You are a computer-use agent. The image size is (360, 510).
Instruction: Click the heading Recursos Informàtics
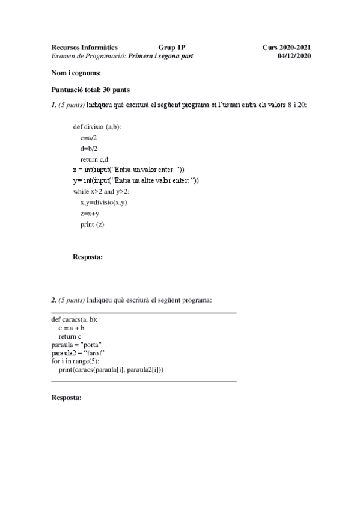coord(85,47)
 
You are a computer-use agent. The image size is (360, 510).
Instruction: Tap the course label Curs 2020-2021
coord(287,47)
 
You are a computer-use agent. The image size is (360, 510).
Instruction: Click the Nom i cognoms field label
coord(76,73)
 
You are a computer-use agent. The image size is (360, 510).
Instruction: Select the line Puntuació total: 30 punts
coord(90,90)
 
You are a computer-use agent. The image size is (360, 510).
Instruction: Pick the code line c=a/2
coord(89,138)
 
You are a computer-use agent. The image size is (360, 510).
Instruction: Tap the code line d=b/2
coord(89,149)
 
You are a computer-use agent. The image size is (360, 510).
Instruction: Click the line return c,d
coord(94,159)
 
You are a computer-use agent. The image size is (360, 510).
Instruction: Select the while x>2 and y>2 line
coord(105,191)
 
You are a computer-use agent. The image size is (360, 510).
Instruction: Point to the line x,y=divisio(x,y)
coord(104,203)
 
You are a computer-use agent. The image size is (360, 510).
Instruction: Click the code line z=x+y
coord(90,214)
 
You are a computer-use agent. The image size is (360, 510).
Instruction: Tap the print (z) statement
coord(92,224)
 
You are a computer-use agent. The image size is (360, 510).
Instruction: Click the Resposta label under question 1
coord(88,257)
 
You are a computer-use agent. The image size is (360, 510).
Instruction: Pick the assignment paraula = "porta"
coord(76,345)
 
